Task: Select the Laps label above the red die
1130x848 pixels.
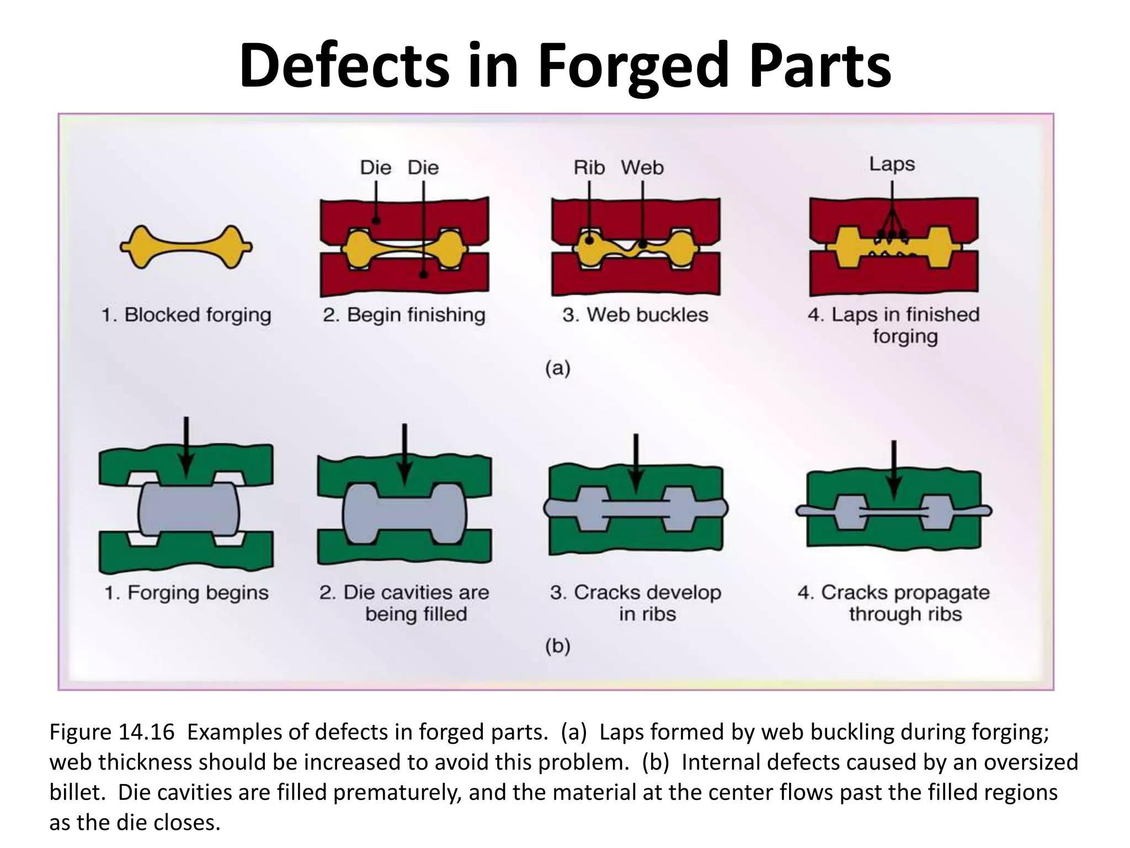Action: tap(892, 164)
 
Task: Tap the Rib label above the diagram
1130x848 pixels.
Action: tap(589, 167)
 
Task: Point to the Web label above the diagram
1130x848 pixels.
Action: tap(642, 167)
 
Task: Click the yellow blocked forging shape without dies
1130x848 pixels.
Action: tap(186, 247)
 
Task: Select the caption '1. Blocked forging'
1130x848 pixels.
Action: tap(186, 315)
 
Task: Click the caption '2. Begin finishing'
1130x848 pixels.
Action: tap(404, 315)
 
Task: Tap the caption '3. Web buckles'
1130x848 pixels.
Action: tap(635, 315)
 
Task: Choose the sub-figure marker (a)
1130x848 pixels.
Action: tap(557, 368)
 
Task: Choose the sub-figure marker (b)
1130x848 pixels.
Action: tap(557, 645)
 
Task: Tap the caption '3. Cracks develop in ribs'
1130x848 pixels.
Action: tap(636, 603)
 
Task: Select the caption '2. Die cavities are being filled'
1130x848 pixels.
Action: tap(404, 603)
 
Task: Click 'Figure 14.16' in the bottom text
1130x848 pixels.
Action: tap(112, 732)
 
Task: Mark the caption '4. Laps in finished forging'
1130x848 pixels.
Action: tap(894, 325)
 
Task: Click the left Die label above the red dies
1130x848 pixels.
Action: tap(375, 167)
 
